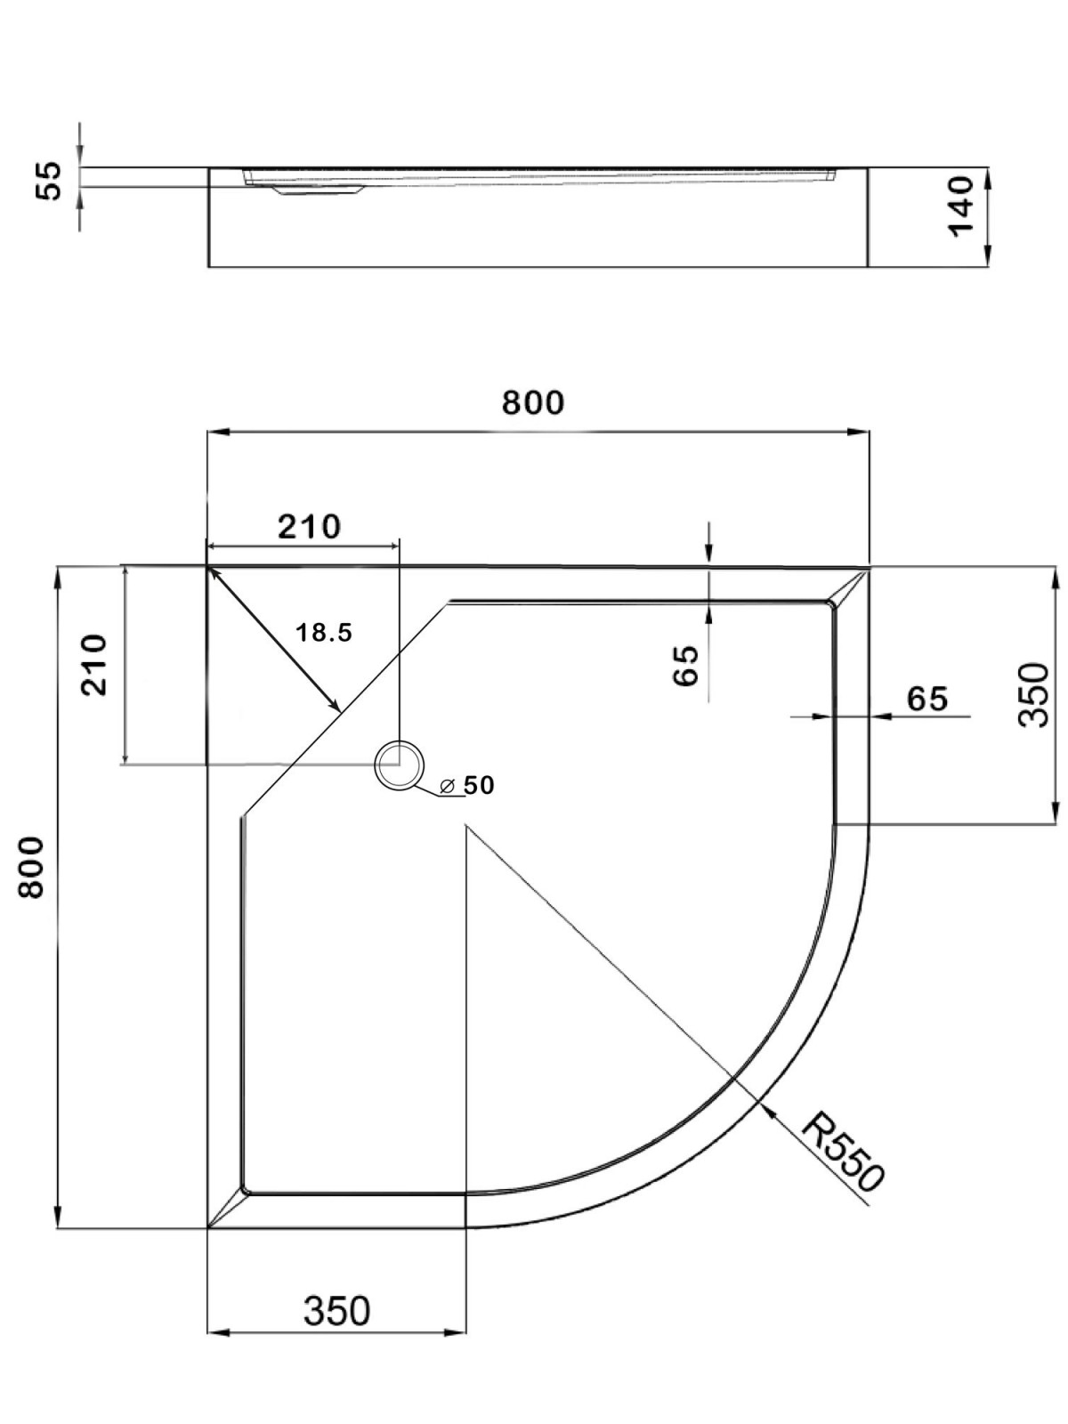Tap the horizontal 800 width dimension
[532, 402]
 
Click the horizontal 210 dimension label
[309, 527]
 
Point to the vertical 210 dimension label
[93, 664]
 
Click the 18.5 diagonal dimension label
[324, 633]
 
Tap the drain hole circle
[400, 765]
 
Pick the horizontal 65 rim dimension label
[927, 699]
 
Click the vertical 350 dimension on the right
[1034, 694]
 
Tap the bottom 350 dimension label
[336, 1310]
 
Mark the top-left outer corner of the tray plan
[207, 566]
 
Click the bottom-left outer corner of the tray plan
[207, 1228]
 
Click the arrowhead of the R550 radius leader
[767, 1107]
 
